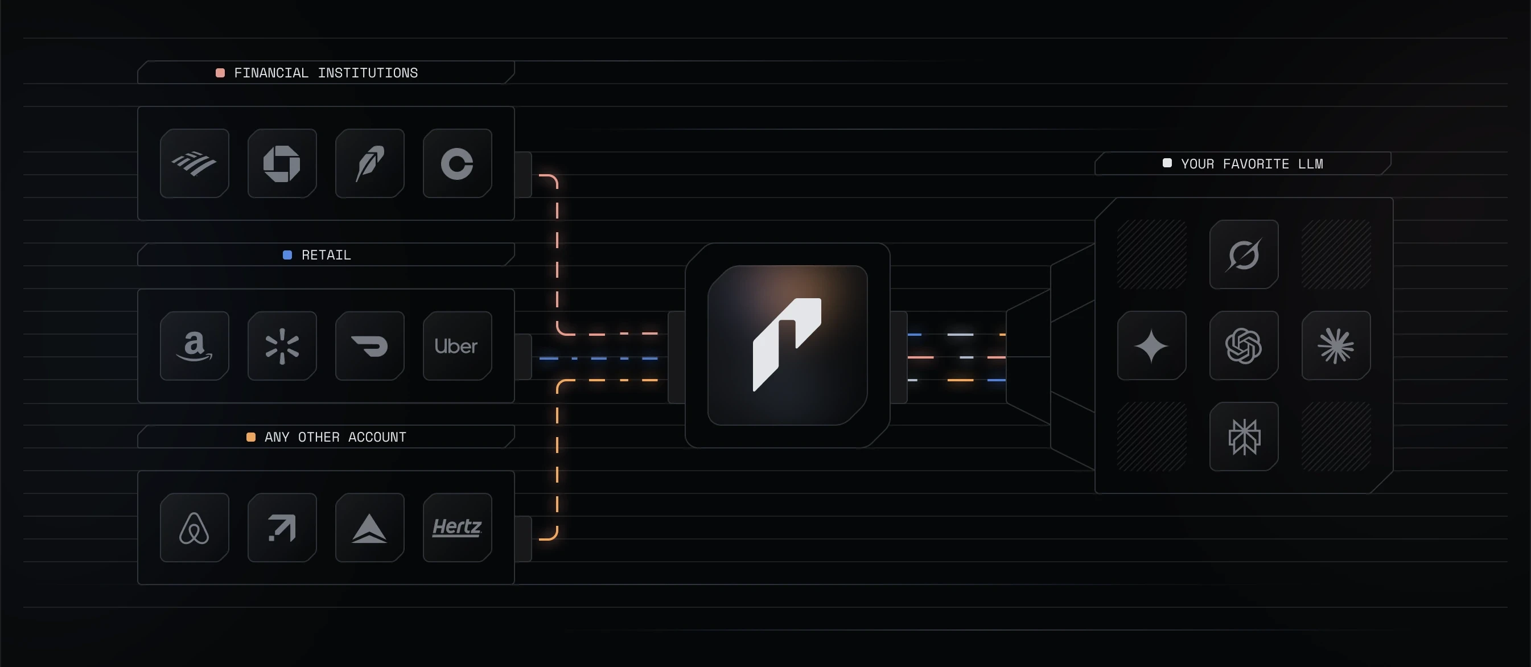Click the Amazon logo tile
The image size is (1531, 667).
click(194, 345)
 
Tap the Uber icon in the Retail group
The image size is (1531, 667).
click(456, 345)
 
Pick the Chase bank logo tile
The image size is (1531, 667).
click(282, 163)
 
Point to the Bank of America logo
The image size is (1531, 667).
click(194, 163)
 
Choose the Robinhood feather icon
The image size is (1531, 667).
click(369, 163)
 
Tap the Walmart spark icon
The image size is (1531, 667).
click(282, 345)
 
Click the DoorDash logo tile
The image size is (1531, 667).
click(369, 345)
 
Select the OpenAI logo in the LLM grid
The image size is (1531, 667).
click(1244, 345)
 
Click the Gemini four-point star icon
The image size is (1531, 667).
click(1151, 345)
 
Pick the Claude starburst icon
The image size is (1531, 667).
click(1335, 345)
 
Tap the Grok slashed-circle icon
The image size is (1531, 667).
click(1244, 254)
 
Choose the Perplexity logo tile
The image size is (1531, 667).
click(1244, 437)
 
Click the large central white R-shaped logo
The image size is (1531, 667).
click(787, 344)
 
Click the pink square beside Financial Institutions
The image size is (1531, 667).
click(220, 72)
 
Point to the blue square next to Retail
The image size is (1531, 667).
click(287, 255)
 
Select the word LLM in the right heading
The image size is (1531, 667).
click(1311, 163)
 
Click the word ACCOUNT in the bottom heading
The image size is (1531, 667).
click(377, 437)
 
